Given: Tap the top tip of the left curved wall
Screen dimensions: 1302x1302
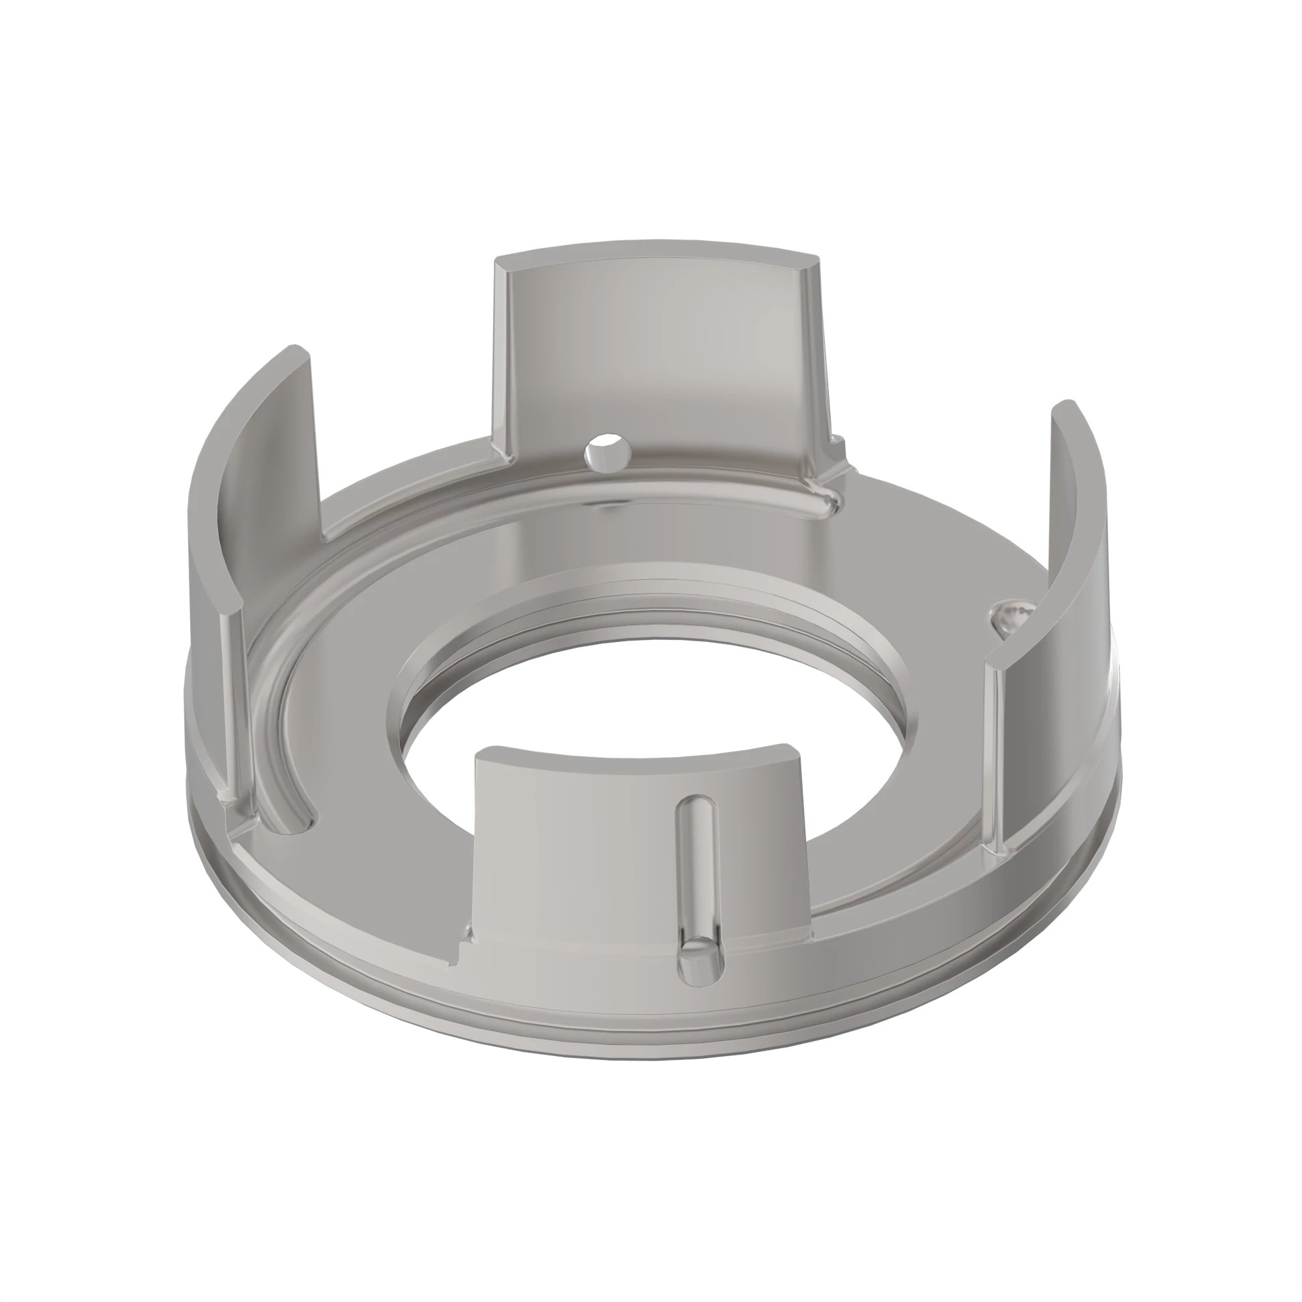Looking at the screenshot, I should [x=296, y=350].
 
